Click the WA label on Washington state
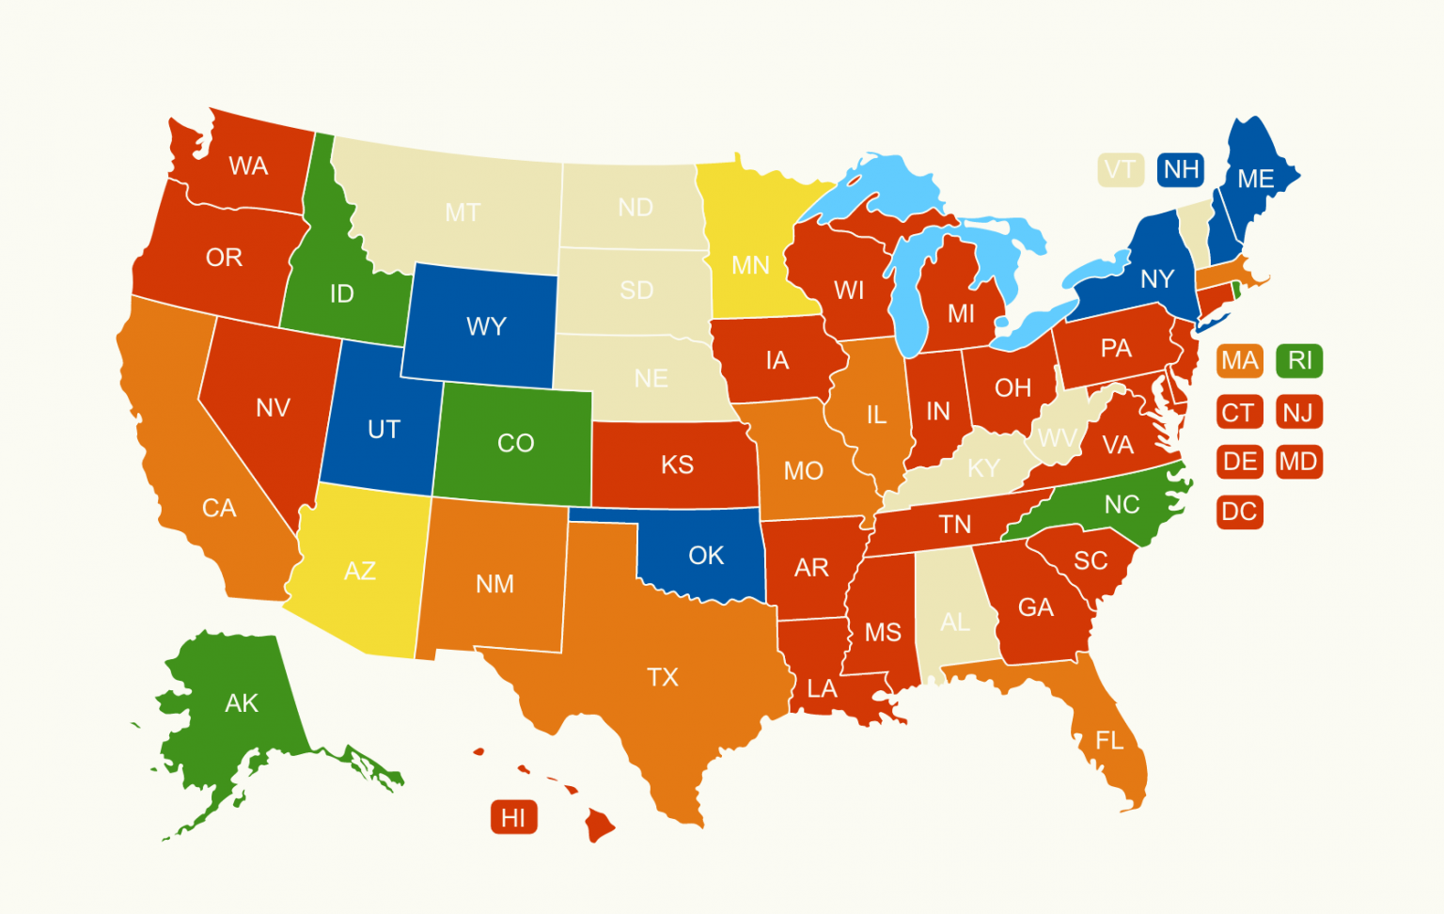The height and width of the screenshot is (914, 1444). (x=248, y=166)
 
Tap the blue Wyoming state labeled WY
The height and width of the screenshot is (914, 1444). (x=486, y=326)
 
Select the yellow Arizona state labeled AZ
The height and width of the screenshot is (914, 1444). (x=360, y=571)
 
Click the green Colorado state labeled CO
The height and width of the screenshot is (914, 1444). (x=515, y=443)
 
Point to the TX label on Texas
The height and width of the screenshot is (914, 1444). (x=663, y=677)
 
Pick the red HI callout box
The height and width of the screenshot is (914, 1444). (x=513, y=817)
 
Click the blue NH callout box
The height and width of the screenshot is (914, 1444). (x=1181, y=169)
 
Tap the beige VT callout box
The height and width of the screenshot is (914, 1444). (x=1120, y=169)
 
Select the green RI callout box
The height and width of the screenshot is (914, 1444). (x=1299, y=360)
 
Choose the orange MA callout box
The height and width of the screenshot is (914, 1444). (x=1239, y=360)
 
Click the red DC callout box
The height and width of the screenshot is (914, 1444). (x=1239, y=512)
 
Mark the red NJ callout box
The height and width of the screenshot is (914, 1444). (x=1298, y=412)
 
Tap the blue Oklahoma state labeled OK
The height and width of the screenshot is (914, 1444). (x=706, y=556)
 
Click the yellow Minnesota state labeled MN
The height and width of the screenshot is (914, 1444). (x=750, y=265)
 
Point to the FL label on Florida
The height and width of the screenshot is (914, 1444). (x=1109, y=741)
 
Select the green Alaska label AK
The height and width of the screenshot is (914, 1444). (x=242, y=702)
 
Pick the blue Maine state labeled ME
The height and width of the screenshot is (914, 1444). (x=1256, y=179)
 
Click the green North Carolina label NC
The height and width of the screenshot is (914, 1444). (x=1122, y=505)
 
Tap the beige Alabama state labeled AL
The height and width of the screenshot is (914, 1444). (x=955, y=622)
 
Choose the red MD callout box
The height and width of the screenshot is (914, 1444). (x=1298, y=462)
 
